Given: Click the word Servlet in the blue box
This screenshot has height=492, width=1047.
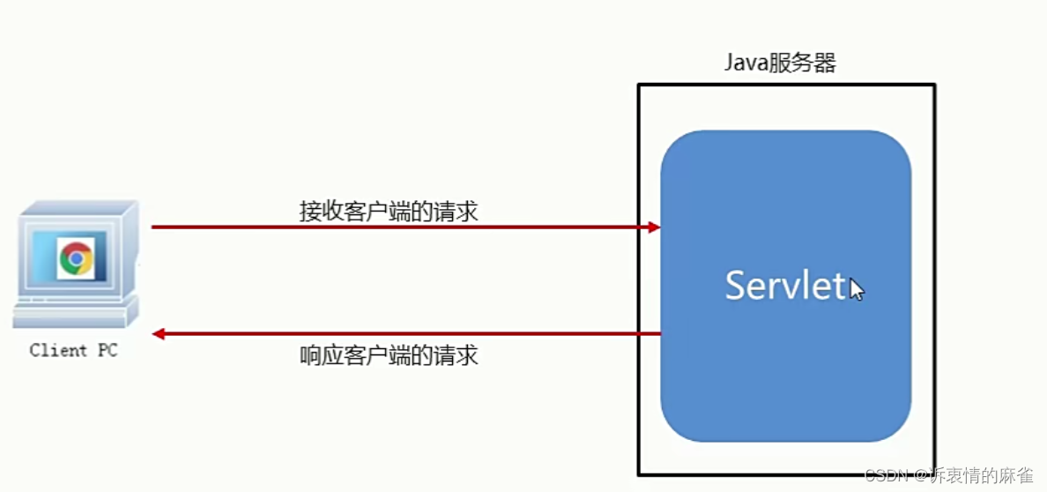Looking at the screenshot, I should pyautogui.click(x=785, y=286).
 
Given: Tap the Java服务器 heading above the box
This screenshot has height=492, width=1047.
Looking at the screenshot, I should pyautogui.click(x=780, y=63).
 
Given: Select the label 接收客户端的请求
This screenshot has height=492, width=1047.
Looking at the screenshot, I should pyautogui.click(x=389, y=212).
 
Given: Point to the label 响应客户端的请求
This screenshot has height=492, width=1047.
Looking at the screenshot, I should pyautogui.click(x=389, y=355).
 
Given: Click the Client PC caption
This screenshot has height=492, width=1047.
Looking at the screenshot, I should pyautogui.click(x=73, y=351).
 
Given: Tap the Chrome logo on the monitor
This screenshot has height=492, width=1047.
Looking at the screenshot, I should pyautogui.click(x=76, y=258).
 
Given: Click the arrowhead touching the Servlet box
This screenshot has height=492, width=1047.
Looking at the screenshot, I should pyautogui.click(x=654, y=227).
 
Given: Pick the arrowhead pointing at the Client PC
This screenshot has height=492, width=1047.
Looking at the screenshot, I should pyautogui.click(x=159, y=334).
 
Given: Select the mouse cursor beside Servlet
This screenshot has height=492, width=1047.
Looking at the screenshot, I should pyautogui.click(x=857, y=289).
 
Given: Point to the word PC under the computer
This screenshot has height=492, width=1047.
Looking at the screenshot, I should pyautogui.click(x=107, y=351).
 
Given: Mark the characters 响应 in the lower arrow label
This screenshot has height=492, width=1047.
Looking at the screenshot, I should pyautogui.click(x=317, y=355).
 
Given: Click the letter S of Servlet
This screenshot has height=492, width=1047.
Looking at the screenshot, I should pyautogui.click(x=736, y=286).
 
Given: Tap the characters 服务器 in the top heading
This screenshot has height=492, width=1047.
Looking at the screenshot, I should pyautogui.click(x=801, y=63).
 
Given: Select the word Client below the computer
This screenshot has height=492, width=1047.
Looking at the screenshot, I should pyautogui.click(x=58, y=351).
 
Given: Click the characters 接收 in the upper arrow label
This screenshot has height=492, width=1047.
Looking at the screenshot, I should pyautogui.click(x=317, y=212).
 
